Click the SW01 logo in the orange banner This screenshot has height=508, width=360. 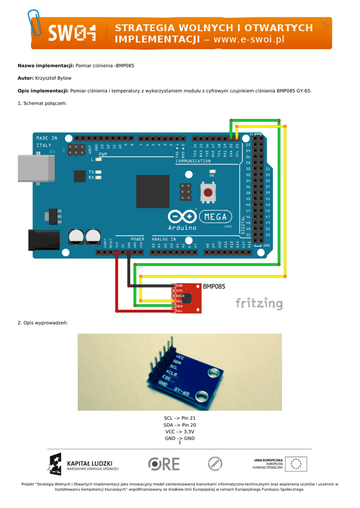(x=72, y=34)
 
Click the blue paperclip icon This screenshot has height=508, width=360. (x=35, y=22)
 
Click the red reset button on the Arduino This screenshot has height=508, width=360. (x=208, y=192)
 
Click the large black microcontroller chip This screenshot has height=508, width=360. (x=152, y=191)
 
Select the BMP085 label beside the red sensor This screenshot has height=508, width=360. (x=214, y=286)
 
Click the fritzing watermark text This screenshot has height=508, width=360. (x=259, y=303)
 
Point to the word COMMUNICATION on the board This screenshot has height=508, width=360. (x=193, y=161)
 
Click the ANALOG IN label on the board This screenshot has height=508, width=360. (x=164, y=239)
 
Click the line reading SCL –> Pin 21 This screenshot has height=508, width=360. (x=180, y=418)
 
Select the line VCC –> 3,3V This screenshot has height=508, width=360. (x=180, y=432)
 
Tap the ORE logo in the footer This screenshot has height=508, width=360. (x=164, y=464)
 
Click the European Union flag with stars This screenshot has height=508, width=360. (x=296, y=464)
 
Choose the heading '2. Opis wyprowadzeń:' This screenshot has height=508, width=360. (x=43, y=323)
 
